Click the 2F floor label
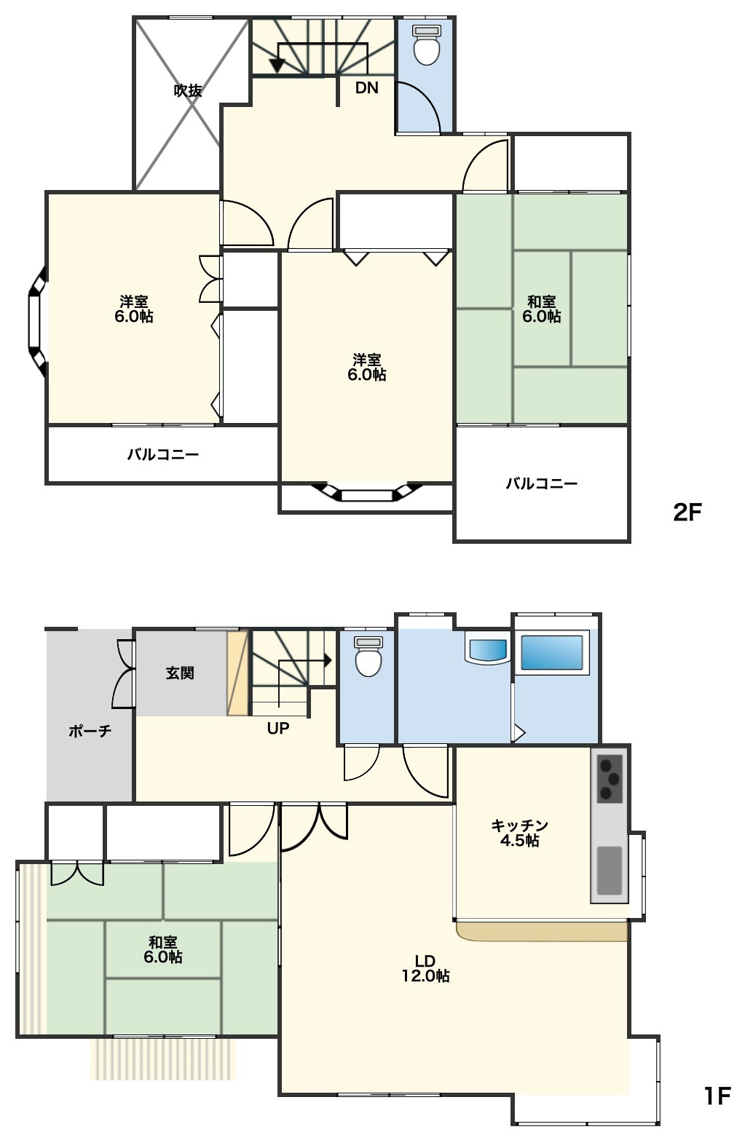(687, 512)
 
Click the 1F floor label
(717, 1096)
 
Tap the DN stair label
(366, 88)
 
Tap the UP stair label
(278, 728)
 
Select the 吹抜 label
(188, 90)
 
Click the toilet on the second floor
(426, 45)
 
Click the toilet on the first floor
(368, 656)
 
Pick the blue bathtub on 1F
(552, 652)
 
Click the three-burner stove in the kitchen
(610, 779)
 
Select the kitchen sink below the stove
(609, 871)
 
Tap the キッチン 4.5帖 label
(519, 833)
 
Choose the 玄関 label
(181, 673)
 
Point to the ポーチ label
(90, 732)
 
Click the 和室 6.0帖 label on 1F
(163, 950)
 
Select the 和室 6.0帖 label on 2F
(541, 309)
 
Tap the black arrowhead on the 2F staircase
(277, 65)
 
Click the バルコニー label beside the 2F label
(541, 483)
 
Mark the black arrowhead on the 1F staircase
(328, 661)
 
